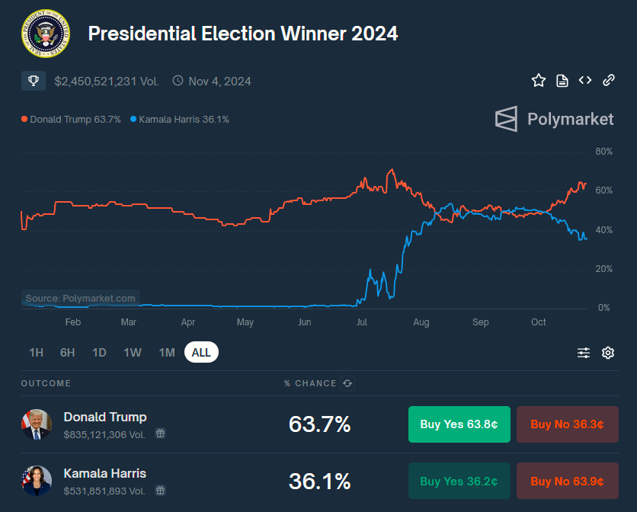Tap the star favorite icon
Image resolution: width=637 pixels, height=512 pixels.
(539, 81)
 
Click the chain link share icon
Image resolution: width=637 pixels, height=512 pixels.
(609, 81)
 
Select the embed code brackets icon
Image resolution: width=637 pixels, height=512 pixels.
(585, 81)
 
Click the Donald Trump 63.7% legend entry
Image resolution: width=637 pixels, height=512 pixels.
(71, 120)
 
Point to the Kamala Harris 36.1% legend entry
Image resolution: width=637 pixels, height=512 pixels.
(180, 120)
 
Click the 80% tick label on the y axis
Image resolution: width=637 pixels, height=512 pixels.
(603, 152)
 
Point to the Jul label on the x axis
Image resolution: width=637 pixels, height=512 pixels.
(362, 322)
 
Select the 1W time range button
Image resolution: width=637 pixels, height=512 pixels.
(133, 353)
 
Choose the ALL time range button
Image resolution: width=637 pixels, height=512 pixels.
(201, 353)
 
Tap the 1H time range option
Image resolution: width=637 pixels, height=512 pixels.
(36, 353)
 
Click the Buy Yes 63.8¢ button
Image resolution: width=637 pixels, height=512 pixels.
(459, 424)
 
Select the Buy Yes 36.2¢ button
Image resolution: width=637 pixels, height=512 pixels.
(459, 481)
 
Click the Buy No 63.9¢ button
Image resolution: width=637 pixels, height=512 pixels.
(567, 481)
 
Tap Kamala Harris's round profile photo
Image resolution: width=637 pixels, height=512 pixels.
(37, 481)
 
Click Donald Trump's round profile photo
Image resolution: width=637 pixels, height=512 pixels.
(37, 424)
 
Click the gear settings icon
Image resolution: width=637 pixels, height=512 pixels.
(608, 353)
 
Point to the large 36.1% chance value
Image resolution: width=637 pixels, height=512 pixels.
(319, 481)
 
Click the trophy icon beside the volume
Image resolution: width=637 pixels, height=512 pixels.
(34, 81)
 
